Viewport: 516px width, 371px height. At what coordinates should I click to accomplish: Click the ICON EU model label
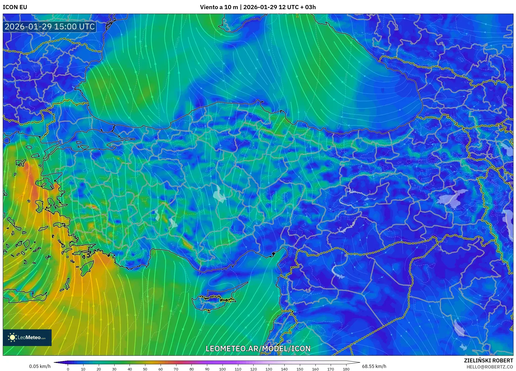15,7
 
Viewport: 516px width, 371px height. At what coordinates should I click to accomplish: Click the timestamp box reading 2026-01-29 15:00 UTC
50,27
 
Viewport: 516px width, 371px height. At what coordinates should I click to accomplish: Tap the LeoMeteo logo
27,337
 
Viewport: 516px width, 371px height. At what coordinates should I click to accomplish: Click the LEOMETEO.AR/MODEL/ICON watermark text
258,349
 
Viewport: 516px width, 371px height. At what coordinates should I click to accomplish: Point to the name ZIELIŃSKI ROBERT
488,360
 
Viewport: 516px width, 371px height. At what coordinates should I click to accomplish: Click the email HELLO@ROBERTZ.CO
490,367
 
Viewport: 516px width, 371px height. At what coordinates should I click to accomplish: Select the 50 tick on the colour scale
145,369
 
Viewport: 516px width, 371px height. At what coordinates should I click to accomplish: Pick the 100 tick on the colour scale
222,369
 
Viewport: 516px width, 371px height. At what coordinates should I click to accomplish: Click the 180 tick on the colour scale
346,369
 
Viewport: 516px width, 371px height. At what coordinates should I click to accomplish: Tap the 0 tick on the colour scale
68,369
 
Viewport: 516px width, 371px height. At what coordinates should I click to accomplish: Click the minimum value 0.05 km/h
40,366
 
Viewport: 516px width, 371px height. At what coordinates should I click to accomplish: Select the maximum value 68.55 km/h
374,366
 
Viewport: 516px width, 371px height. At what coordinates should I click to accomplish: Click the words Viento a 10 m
219,7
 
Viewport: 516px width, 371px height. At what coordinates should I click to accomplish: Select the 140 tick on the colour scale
284,369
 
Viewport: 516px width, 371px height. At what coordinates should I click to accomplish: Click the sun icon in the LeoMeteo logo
12,337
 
